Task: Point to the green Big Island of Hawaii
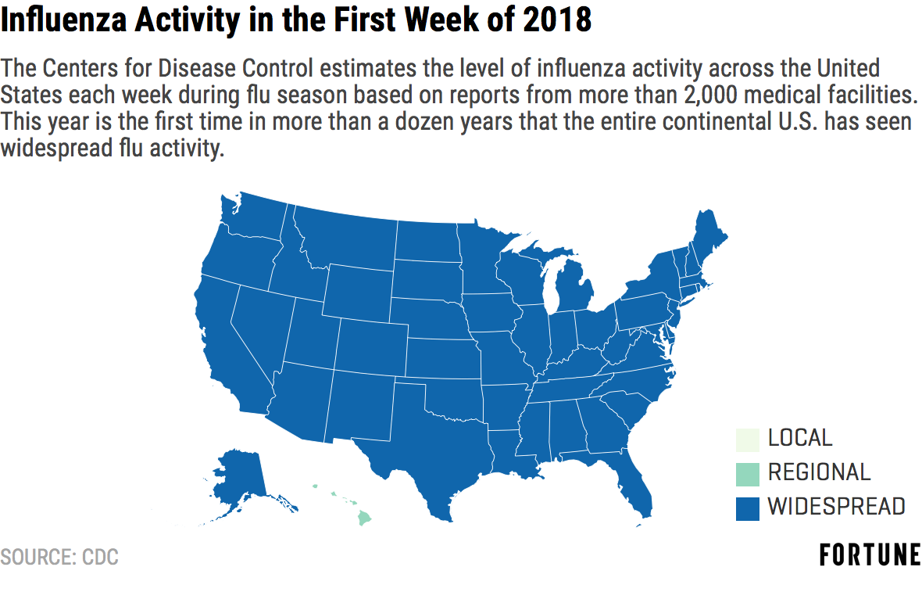coord(365,518)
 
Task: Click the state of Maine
coord(709,239)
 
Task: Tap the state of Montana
coord(347,239)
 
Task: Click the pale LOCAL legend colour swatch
coord(747,440)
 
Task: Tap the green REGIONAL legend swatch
coord(747,474)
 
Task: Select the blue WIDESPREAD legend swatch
coord(747,509)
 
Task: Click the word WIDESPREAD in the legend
coord(836,507)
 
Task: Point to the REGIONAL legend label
coord(819,472)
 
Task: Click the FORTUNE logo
coord(870,555)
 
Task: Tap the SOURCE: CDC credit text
coord(59,557)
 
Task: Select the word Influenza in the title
coord(64,19)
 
